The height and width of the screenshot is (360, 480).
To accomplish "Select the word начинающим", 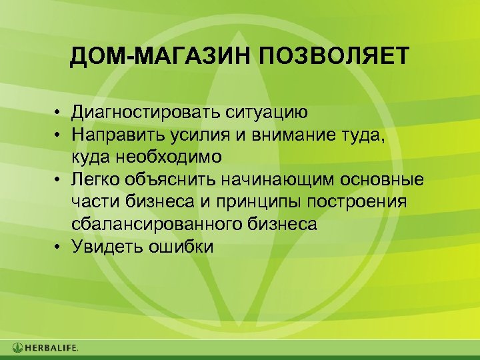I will pos(281,180).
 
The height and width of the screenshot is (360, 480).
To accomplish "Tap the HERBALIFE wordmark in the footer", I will pos(52,347).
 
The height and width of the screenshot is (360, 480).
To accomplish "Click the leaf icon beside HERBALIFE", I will pos(17,347).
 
